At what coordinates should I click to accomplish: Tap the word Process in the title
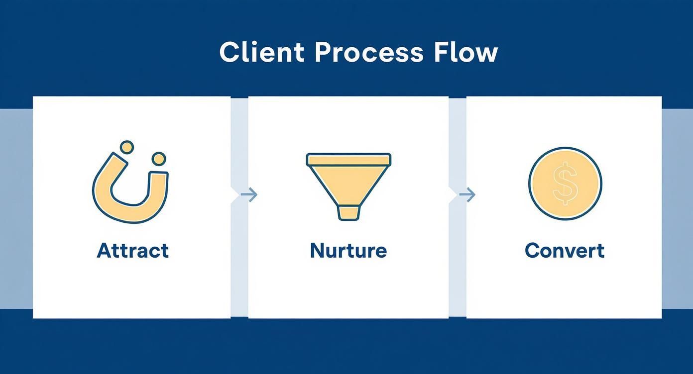point(369,52)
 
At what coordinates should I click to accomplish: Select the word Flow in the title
point(465,52)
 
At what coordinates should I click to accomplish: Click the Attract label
point(132,250)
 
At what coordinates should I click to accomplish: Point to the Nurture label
point(348,250)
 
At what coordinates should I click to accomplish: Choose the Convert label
point(564,250)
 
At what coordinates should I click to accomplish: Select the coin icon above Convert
point(565,183)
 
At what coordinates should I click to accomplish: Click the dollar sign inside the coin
point(565,185)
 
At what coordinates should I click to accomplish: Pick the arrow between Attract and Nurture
point(249,194)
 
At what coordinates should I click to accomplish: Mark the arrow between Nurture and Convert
point(467,194)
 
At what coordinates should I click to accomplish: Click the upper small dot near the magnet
point(127,147)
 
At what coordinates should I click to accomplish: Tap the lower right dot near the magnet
point(158,159)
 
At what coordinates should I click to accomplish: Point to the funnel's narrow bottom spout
point(348,212)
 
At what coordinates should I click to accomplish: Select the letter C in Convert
point(532,250)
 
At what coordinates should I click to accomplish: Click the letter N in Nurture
point(317,250)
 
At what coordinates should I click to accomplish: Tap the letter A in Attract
point(104,250)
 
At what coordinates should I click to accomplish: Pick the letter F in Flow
point(441,52)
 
